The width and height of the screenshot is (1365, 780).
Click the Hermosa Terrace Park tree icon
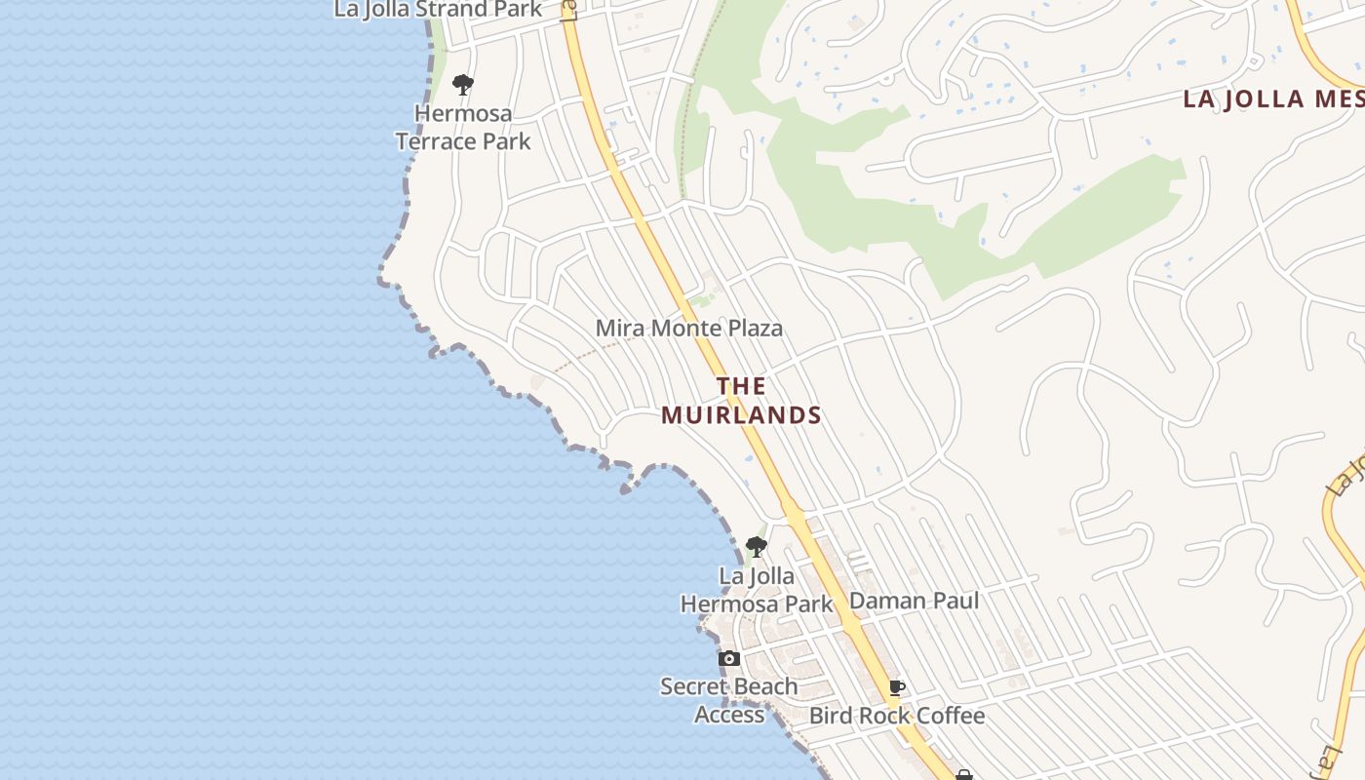click(x=463, y=85)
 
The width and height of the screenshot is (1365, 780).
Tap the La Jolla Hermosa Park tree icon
click(x=756, y=547)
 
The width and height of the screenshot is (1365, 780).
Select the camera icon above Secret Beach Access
click(x=728, y=659)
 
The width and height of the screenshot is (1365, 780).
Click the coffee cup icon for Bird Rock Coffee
click(x=897, y=688)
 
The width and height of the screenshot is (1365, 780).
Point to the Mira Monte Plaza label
click(x=688, y=329)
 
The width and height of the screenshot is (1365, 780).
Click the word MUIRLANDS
click(x=741, y=415)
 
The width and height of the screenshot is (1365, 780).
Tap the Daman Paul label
click(x=914, y=601)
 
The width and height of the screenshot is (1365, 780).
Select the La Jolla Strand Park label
click(x=438, y=10)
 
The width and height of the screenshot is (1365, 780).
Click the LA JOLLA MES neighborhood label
click(x=1272, y=98)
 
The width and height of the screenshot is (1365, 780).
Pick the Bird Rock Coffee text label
click(x=897, y=716)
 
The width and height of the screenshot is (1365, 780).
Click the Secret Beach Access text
click(x=729, y=700)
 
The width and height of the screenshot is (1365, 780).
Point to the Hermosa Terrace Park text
click(x=463, y=127)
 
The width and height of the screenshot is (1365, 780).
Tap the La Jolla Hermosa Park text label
click(x=757, y=590)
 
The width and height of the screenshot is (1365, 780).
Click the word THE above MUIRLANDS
click(x=741, y=386)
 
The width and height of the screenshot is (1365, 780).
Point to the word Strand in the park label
click(x=449, y=10)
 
